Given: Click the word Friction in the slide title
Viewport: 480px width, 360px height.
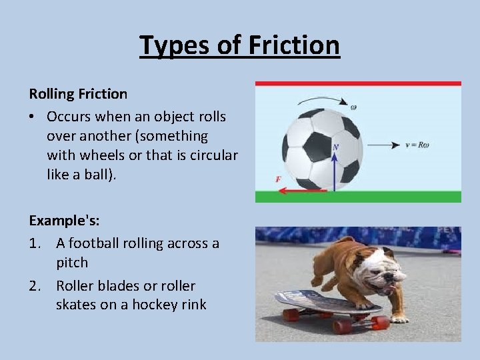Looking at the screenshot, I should click(x=294, y=45).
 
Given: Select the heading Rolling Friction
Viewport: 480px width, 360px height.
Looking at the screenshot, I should click(x=78, y=94).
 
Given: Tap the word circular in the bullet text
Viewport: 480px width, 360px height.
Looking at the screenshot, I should click(x=212, y=155).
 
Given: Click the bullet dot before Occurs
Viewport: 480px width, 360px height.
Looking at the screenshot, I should click(x=33, y=117).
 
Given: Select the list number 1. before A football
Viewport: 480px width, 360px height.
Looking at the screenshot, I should click(x=37, y=243).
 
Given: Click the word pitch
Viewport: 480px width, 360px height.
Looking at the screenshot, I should click(x=72, y=263).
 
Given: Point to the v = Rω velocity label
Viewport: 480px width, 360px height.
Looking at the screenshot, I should click(x=417, y=145).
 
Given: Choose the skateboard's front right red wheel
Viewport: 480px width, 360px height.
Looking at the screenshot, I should click(x=379, y=323).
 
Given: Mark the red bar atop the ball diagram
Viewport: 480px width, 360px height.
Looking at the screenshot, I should click(x=358, y=84).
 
